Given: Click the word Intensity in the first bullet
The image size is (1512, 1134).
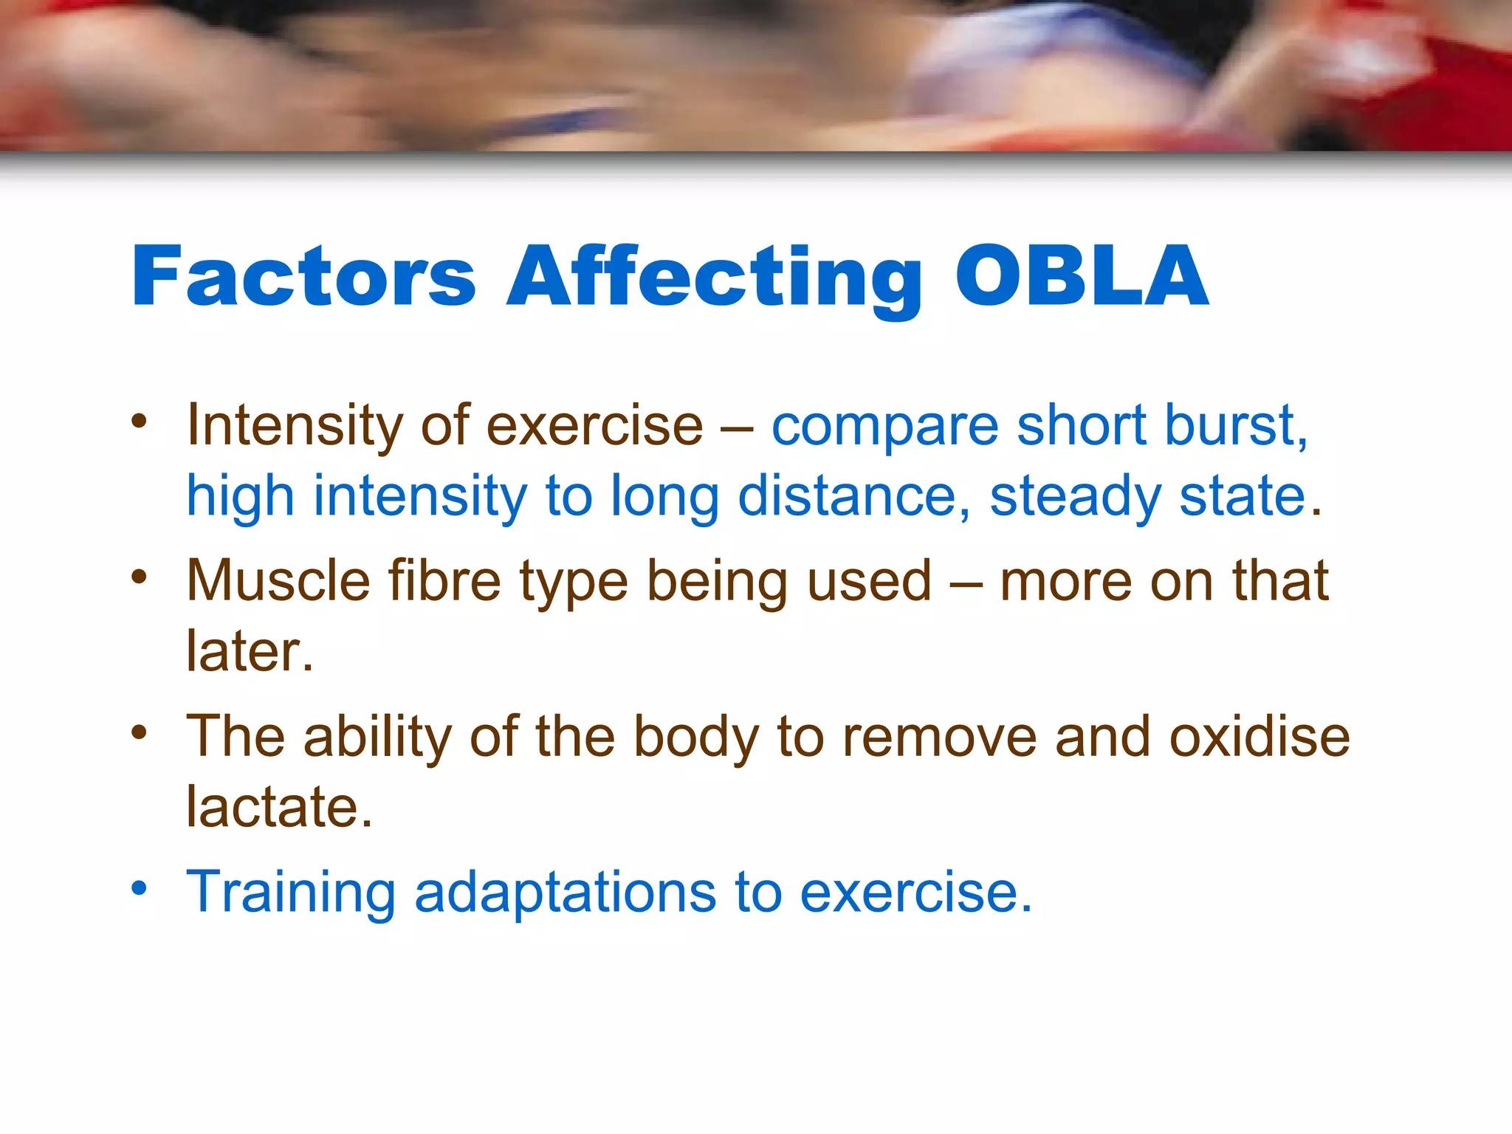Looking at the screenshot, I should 294,427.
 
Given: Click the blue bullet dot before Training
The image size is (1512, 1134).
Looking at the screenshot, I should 140,887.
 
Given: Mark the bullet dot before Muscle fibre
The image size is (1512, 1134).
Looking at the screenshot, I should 140,576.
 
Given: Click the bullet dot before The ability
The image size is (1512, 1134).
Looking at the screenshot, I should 140,732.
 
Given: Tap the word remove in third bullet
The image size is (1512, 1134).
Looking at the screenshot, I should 940,736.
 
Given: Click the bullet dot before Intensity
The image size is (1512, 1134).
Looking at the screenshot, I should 140,421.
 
